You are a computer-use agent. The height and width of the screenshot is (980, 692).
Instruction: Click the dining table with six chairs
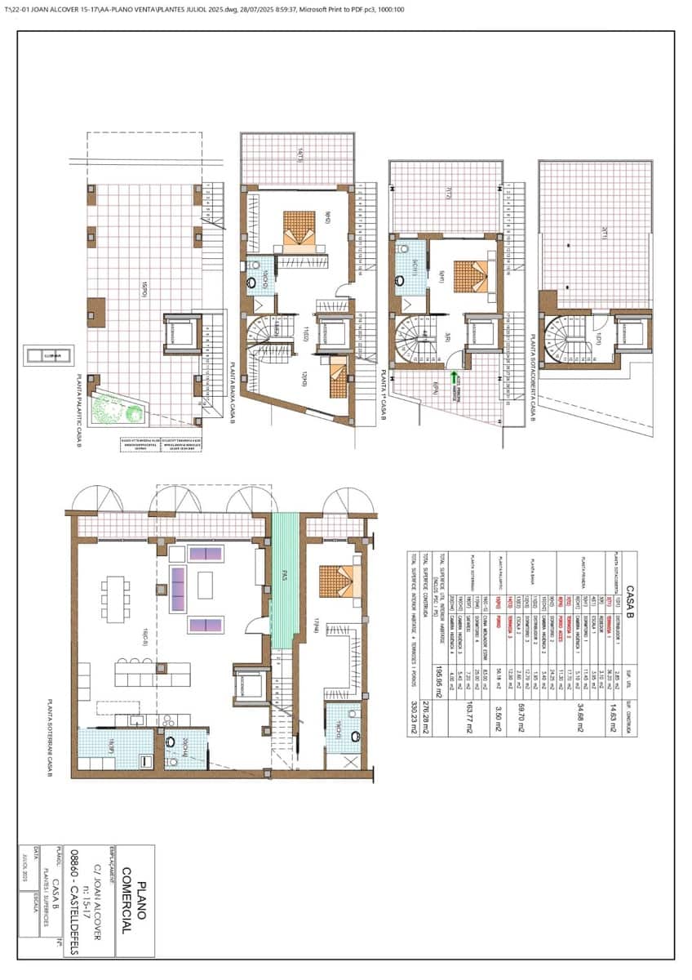116,598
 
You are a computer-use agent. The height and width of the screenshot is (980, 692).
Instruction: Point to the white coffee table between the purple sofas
205,585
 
